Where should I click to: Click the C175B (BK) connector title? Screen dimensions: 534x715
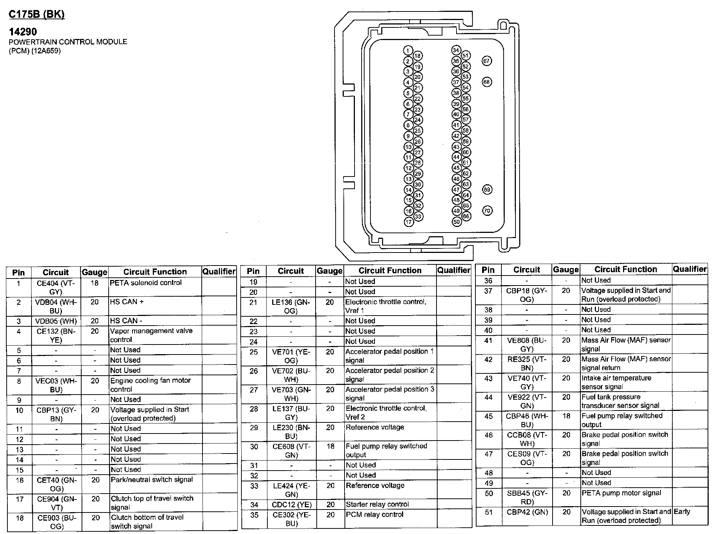36,14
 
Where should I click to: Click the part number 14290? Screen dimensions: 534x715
23,32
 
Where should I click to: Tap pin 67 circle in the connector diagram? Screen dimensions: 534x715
487,61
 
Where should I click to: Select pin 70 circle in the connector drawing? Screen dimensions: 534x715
487,211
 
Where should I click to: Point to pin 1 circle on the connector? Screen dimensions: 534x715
408,51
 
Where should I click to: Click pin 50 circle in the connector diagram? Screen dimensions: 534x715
457,222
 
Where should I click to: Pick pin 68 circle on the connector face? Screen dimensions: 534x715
487,82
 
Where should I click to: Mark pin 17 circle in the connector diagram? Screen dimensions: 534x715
408,222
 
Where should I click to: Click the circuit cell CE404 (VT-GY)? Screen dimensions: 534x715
56,287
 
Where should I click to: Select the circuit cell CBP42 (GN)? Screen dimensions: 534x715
527,512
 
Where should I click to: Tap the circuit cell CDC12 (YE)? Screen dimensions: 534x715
291,505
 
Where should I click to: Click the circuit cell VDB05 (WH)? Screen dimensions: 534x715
56,321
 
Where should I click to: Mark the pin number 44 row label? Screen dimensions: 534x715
488,397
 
